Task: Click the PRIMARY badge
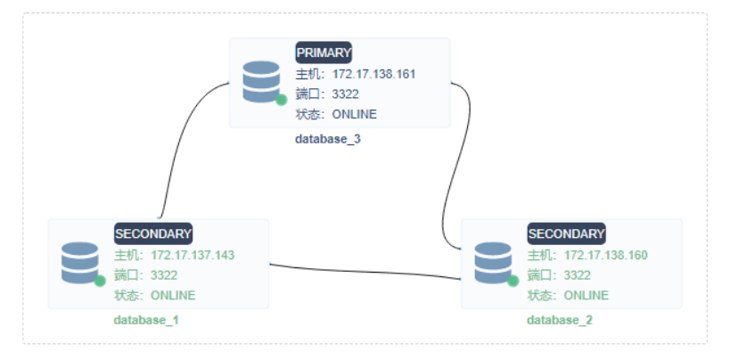324,53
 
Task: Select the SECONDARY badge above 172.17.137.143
153,234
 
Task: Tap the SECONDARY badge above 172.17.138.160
566,234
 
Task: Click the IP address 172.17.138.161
374,74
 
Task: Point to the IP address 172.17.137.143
193,256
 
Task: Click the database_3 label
328,139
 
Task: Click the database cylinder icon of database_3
261,81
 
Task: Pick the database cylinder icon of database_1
80,262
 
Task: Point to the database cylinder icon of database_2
493,262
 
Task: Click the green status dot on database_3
281,100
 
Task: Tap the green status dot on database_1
100,281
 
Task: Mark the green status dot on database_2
512,281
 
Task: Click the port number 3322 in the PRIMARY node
346,94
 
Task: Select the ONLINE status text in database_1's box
173,295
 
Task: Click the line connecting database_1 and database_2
365,272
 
